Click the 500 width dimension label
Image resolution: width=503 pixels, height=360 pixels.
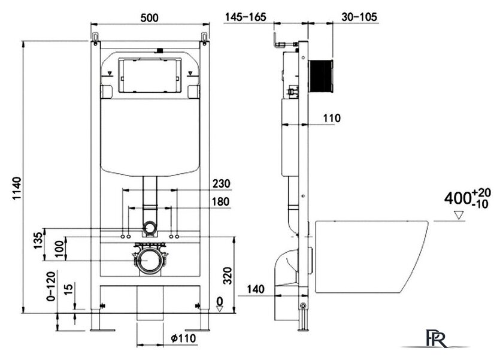pyautogui.click(x=149, y=18)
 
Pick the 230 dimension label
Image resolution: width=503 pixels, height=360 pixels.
pyautogui.click(x=221, y=183)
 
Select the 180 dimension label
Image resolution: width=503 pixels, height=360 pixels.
pyautogui.click(x=221, y=202)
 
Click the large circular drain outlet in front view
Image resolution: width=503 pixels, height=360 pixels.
pyautogui.click(x=149, y=261)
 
